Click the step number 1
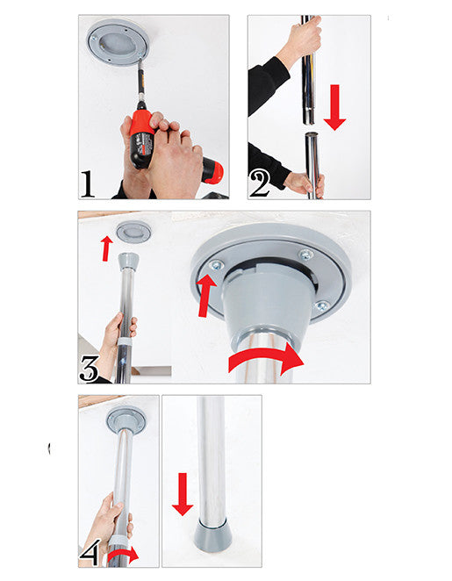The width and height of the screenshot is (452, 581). (88, 184)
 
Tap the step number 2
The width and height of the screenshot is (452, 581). (259, 184)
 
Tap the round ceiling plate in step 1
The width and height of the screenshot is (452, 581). (118, 41)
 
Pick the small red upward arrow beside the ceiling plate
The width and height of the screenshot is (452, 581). (106, 247)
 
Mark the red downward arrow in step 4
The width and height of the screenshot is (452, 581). (182, 493)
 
